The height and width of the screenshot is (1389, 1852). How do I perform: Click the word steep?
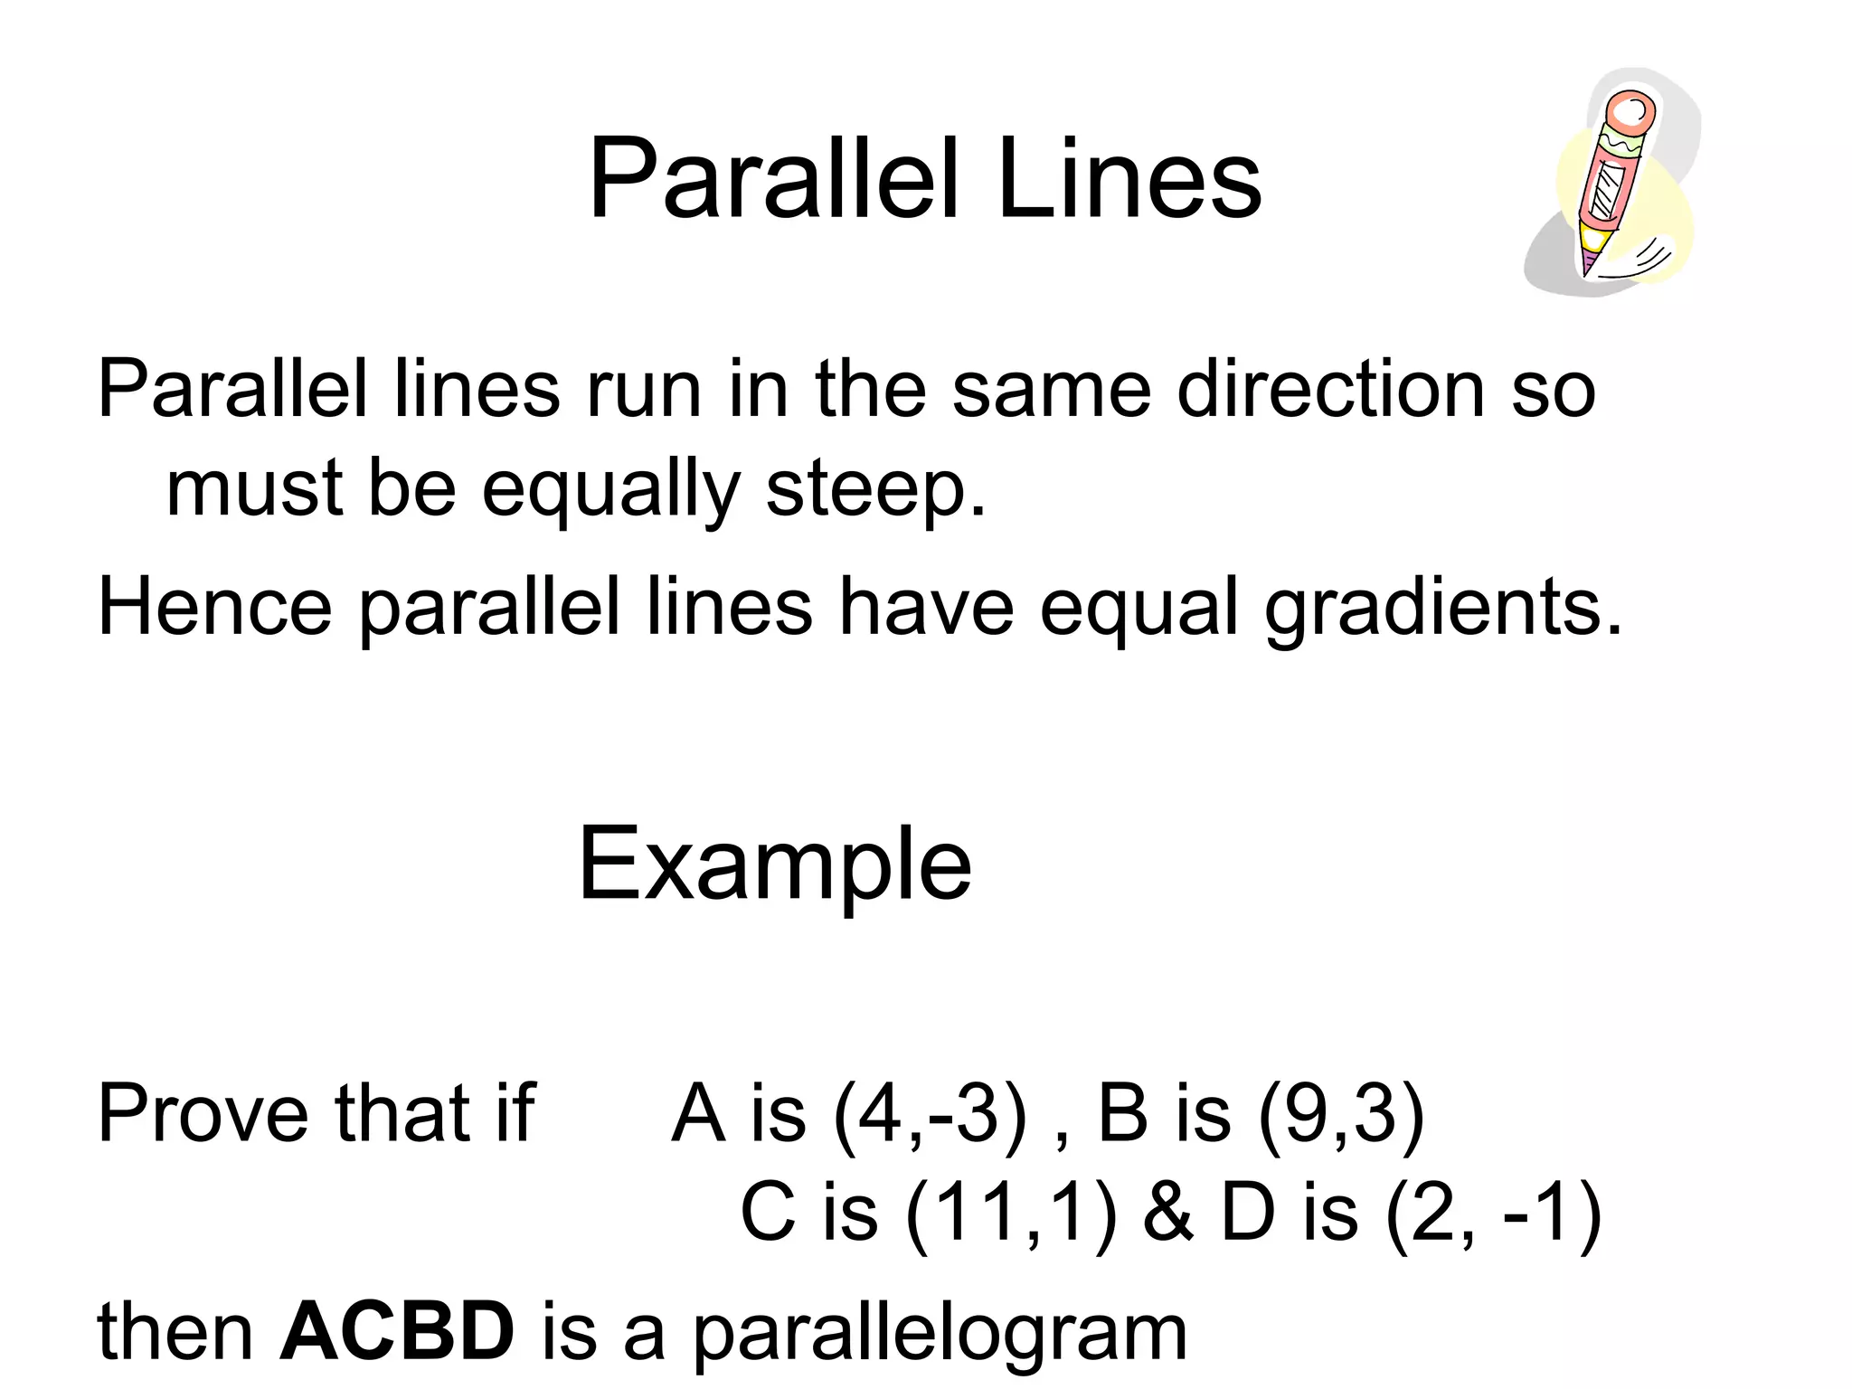(x=874, y=489)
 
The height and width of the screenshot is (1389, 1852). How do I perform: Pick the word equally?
(x=611, y=489)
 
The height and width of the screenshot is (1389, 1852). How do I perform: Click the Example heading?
(x=775, y=865)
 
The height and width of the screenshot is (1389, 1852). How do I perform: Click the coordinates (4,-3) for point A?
(x=931, y=1115)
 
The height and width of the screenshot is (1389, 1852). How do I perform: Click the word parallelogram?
(x=940, y=1334)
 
